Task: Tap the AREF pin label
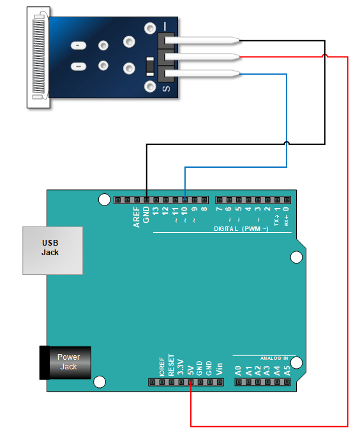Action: click(137, 217)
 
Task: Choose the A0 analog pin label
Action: click(238, 369)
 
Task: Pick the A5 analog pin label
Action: click(287, 369)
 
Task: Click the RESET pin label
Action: click(171, 364)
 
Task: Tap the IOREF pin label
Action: click(162, 366)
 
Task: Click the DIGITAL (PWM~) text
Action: click(237, 228)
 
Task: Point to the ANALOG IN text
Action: click(274, 358)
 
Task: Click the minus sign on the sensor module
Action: click(166, 26)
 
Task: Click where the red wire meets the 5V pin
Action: click(191, 382)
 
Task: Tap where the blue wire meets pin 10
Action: click(185, 200)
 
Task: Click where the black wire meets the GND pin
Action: click(146, 200)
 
